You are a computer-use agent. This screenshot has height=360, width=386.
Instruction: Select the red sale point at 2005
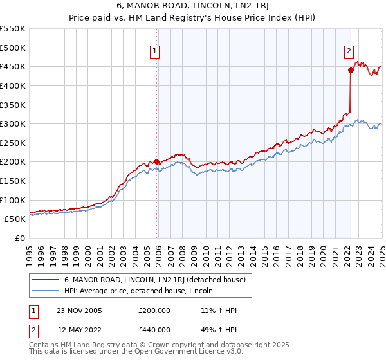pos(156,162)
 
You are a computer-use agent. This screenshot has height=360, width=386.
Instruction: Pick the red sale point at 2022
pos(351,71)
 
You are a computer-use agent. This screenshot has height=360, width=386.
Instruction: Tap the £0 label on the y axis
pos(20,238)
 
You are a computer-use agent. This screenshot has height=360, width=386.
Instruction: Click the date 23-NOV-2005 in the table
pos(79,310)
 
